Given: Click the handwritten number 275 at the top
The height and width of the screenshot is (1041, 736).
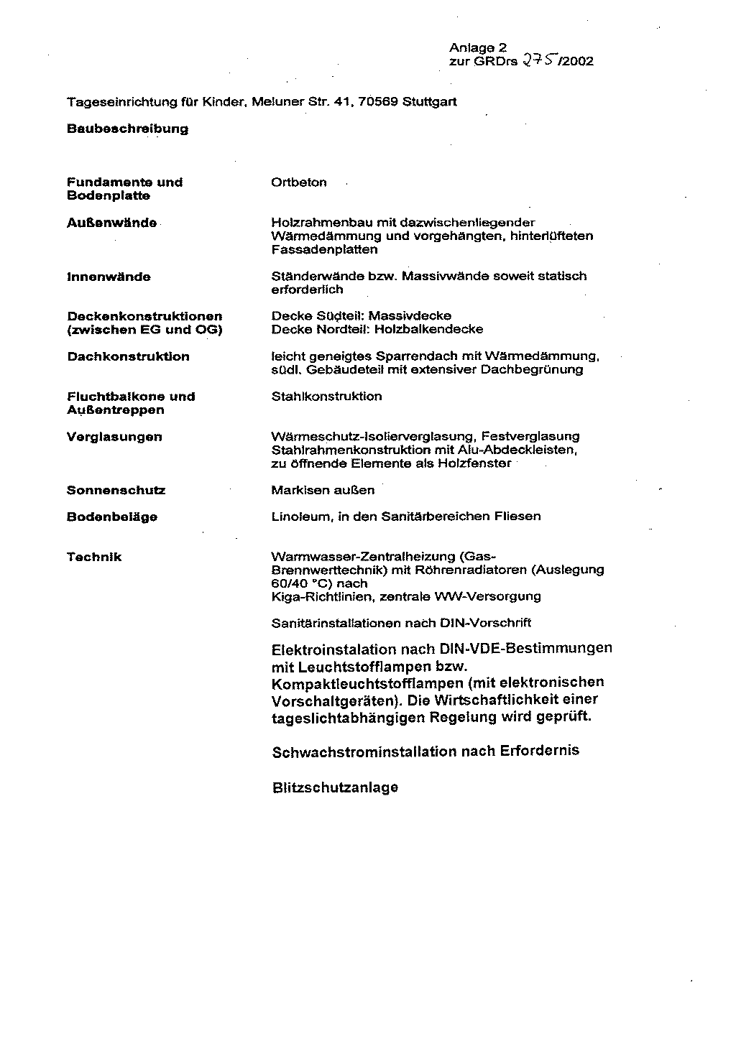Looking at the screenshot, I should [538, 60].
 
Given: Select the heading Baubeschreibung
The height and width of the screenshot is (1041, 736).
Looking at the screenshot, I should [127, 129].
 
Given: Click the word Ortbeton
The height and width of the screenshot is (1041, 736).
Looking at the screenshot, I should [298, 182].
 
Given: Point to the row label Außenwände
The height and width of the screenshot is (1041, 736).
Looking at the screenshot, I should [111, 223].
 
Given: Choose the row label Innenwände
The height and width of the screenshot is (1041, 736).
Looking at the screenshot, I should [109, 277].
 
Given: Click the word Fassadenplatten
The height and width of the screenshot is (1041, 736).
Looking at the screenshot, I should [324, 250].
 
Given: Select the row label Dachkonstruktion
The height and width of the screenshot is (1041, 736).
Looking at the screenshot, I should [128, 357].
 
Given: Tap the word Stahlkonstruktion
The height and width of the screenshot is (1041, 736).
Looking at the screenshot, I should [326, 397].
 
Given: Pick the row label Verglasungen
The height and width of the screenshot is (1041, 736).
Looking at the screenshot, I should [114, 437].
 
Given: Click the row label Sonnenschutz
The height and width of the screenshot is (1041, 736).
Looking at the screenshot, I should [116, 491].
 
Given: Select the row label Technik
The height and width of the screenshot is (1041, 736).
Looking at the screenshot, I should [94, 557].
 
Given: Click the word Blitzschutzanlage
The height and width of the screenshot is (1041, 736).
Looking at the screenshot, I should [335, 788].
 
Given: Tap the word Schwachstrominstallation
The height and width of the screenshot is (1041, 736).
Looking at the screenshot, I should [364, 752].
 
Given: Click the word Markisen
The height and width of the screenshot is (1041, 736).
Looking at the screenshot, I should [296, 491].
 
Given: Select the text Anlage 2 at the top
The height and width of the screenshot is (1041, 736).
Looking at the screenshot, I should [478, 47].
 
